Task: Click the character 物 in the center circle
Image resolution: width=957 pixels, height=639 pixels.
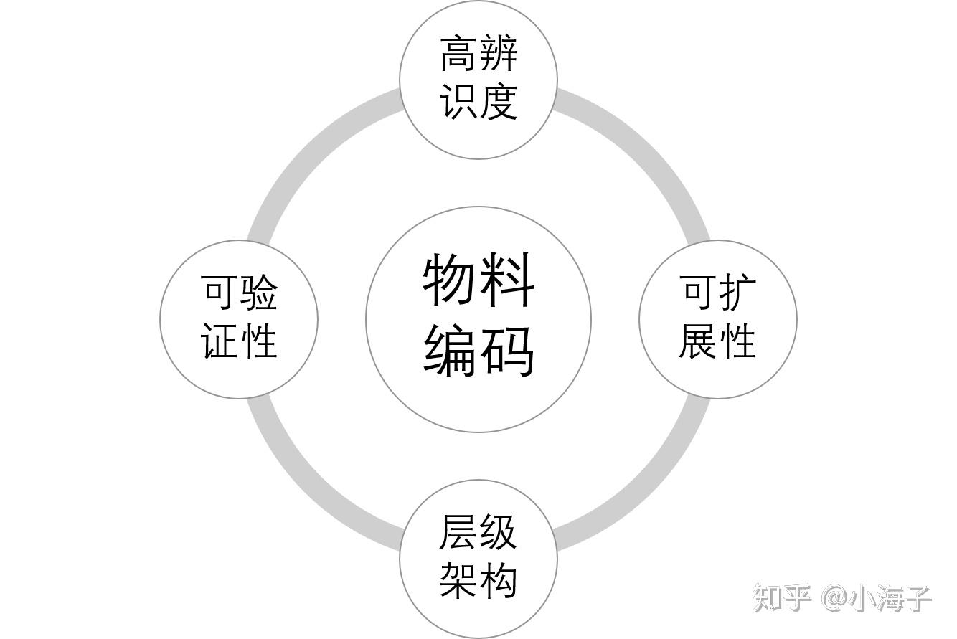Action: pos(451,280)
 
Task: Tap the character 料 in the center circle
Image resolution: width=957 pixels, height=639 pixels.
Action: pos(508,280)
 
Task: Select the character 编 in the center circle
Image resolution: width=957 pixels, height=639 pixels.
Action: pos(451,351)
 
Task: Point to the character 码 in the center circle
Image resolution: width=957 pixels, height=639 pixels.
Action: pos(508,351)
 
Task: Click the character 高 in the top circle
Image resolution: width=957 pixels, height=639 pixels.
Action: pos(458,54)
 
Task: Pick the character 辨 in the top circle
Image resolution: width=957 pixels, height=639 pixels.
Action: pos(499,54)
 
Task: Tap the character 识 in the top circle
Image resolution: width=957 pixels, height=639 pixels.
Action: pos(458,101)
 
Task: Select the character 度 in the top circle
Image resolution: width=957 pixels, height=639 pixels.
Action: pos(499,101)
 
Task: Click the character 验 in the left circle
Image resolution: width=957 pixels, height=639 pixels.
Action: pos(259,293)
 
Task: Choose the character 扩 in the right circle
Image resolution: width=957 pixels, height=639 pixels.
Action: pos(737,293)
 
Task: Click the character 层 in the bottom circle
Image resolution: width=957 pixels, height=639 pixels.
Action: pos(458,532)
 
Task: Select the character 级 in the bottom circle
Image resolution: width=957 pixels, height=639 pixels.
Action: pos(499,532)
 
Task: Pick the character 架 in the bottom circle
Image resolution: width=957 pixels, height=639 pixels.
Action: pos(458,579)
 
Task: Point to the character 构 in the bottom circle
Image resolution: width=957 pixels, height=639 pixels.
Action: pos(499,579)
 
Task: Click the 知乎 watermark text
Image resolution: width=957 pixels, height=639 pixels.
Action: pos(782,597)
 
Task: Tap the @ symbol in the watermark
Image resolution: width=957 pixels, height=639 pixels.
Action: pos(834,597)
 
